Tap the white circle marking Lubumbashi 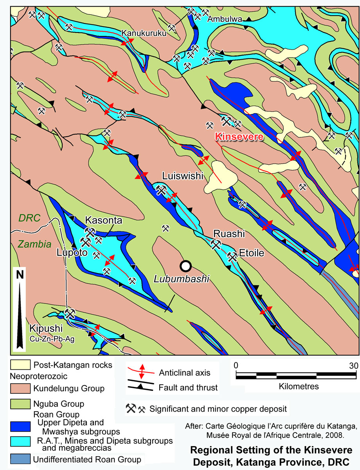tap(185, 266)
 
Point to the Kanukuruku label tap(144, 33)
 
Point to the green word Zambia tap(34, 245)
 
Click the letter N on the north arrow tap(20, 275)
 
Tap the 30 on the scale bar tap(353, 366)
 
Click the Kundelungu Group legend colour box tap(20, 389)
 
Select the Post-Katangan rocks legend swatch tap(20, 366)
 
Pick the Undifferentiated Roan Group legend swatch tap(20, 459)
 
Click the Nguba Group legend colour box tap(20, 403)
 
